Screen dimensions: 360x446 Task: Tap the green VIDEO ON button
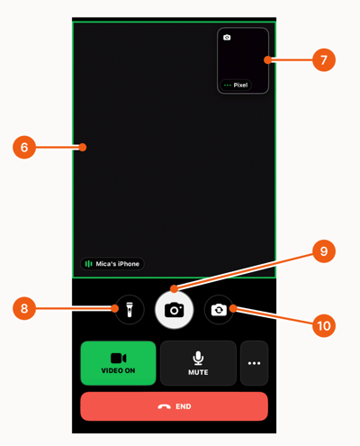coord(118,363)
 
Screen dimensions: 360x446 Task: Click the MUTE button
coord(198,363)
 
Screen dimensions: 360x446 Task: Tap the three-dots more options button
coord(254,363)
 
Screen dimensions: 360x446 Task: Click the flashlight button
coord(130,310)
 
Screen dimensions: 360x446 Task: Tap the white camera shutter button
coord(175,310)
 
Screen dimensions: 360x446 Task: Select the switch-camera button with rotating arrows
coord(219,310)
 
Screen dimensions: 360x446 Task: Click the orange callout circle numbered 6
coord(24,147)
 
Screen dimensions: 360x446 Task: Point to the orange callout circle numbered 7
coord(324,59)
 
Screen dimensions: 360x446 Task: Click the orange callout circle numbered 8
coord(24,308)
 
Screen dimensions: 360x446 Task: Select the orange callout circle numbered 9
coord(324,251)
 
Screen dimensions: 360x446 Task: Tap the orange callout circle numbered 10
coord(324,325)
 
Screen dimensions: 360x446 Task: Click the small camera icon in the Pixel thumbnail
coord(227,37)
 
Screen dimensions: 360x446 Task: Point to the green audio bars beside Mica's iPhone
coord(88,264)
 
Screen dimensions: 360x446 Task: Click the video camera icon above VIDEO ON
coord(119,358)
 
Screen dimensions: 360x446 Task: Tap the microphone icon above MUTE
coord(198,358)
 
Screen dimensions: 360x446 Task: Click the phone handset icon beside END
coord(165,406)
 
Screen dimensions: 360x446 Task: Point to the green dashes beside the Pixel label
coord(228,86)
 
